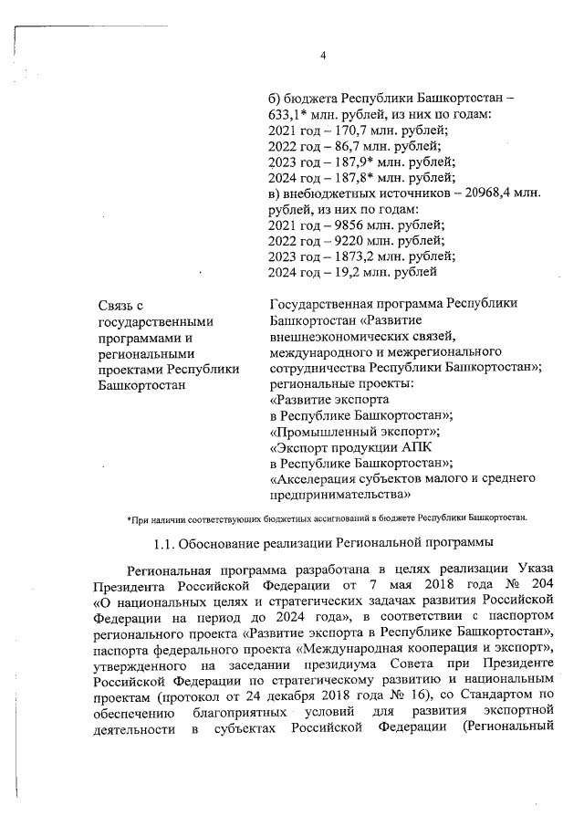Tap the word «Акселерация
click(315, 478)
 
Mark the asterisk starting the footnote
click(130, 518)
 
